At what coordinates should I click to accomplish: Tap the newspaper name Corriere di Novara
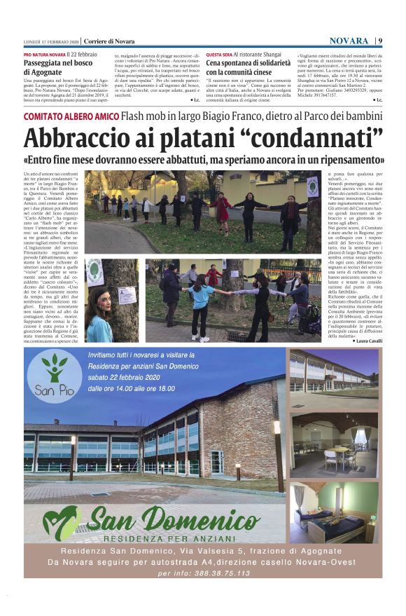click(x=110, y=41)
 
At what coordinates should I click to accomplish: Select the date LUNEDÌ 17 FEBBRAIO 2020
click(x=50, y=41)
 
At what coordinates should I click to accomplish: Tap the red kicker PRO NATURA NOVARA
click(x=45, y=54)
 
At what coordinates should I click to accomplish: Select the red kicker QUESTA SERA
click(x=219, y=54)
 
